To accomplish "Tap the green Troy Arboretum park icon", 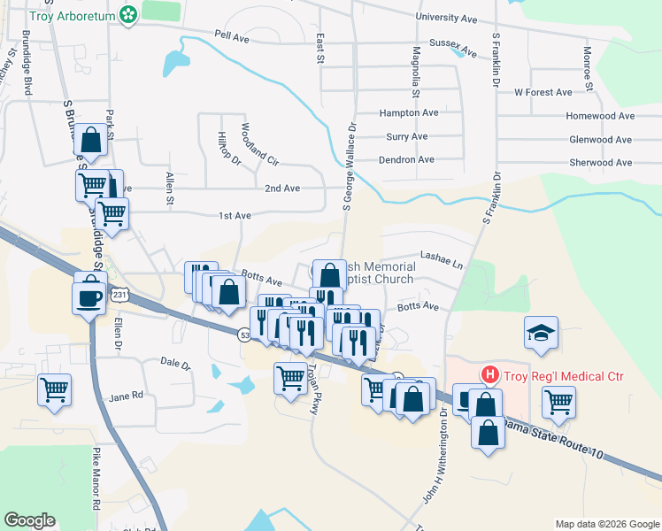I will [x=129, y=14].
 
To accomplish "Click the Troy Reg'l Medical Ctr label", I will [x=564, y=376].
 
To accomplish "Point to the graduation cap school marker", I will [x=541, y=333].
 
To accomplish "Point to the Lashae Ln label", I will [x=442, y=264].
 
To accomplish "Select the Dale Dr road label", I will [x=175, y=363].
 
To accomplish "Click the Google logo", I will [x=30, y=520].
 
